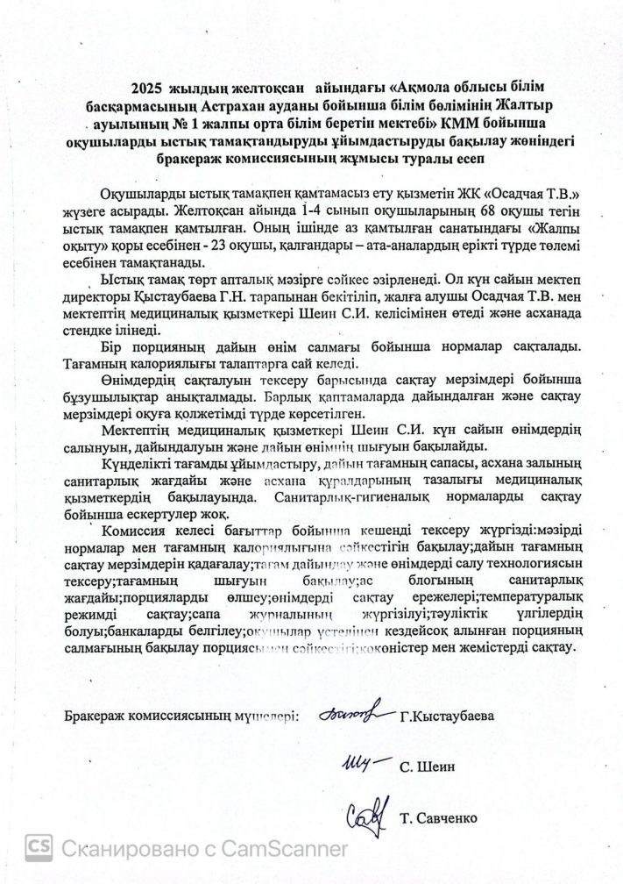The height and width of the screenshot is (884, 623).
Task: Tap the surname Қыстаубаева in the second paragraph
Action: (x=178, y=296)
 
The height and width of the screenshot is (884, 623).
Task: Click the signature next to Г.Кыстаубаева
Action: (x=353, y=716)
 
